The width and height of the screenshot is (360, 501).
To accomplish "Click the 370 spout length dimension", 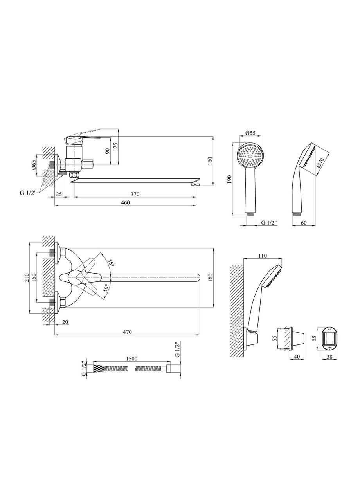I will click(x=135, y=194).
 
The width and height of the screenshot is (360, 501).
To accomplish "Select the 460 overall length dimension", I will click(x=125, y=202).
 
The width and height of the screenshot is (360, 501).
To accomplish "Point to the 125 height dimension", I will click(x=115, y=146).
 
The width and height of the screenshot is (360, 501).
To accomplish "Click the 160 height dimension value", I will click(x=210, y=161).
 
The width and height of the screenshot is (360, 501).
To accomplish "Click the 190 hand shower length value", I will click(x=230, y=179).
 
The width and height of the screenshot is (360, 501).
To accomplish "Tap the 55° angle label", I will click(x=111, y=263).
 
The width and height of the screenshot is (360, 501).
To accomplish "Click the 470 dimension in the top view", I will click(x=128, y=332).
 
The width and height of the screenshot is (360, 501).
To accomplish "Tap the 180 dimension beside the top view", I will click(x=210, y=277).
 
